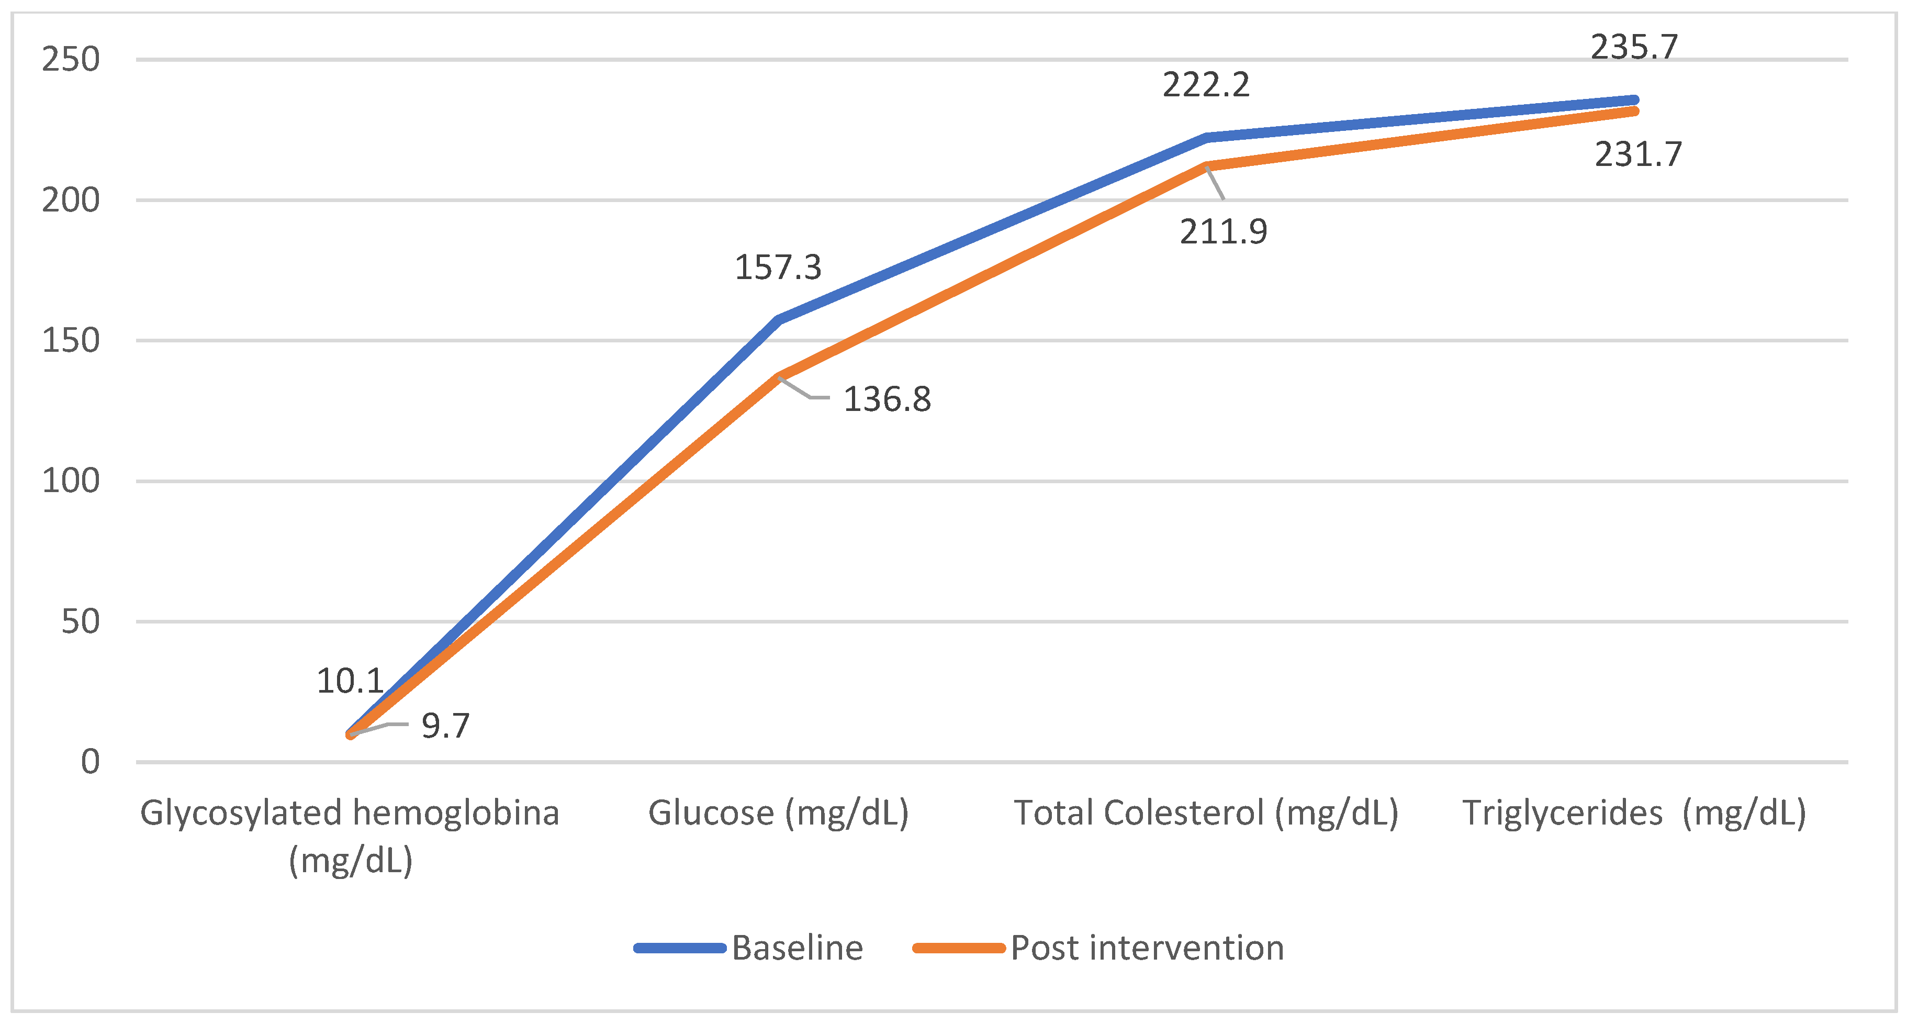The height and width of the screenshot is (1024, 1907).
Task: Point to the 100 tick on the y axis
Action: click(70, 481)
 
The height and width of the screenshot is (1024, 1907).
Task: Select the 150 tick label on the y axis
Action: click(70, 341)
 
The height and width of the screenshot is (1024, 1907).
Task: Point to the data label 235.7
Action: click(1634, 48)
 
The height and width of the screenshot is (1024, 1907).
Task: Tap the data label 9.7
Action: click(445, 726)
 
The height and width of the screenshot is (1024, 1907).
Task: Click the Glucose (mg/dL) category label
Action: click(778, 813)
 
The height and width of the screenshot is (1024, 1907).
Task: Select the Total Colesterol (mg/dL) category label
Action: click(1205, 813)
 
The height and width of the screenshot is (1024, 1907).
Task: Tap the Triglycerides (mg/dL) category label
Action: click(1634, 813)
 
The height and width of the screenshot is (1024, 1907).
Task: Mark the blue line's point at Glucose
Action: click(778, 320)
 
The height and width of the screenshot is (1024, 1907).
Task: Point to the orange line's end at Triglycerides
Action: click(1634, 111)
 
